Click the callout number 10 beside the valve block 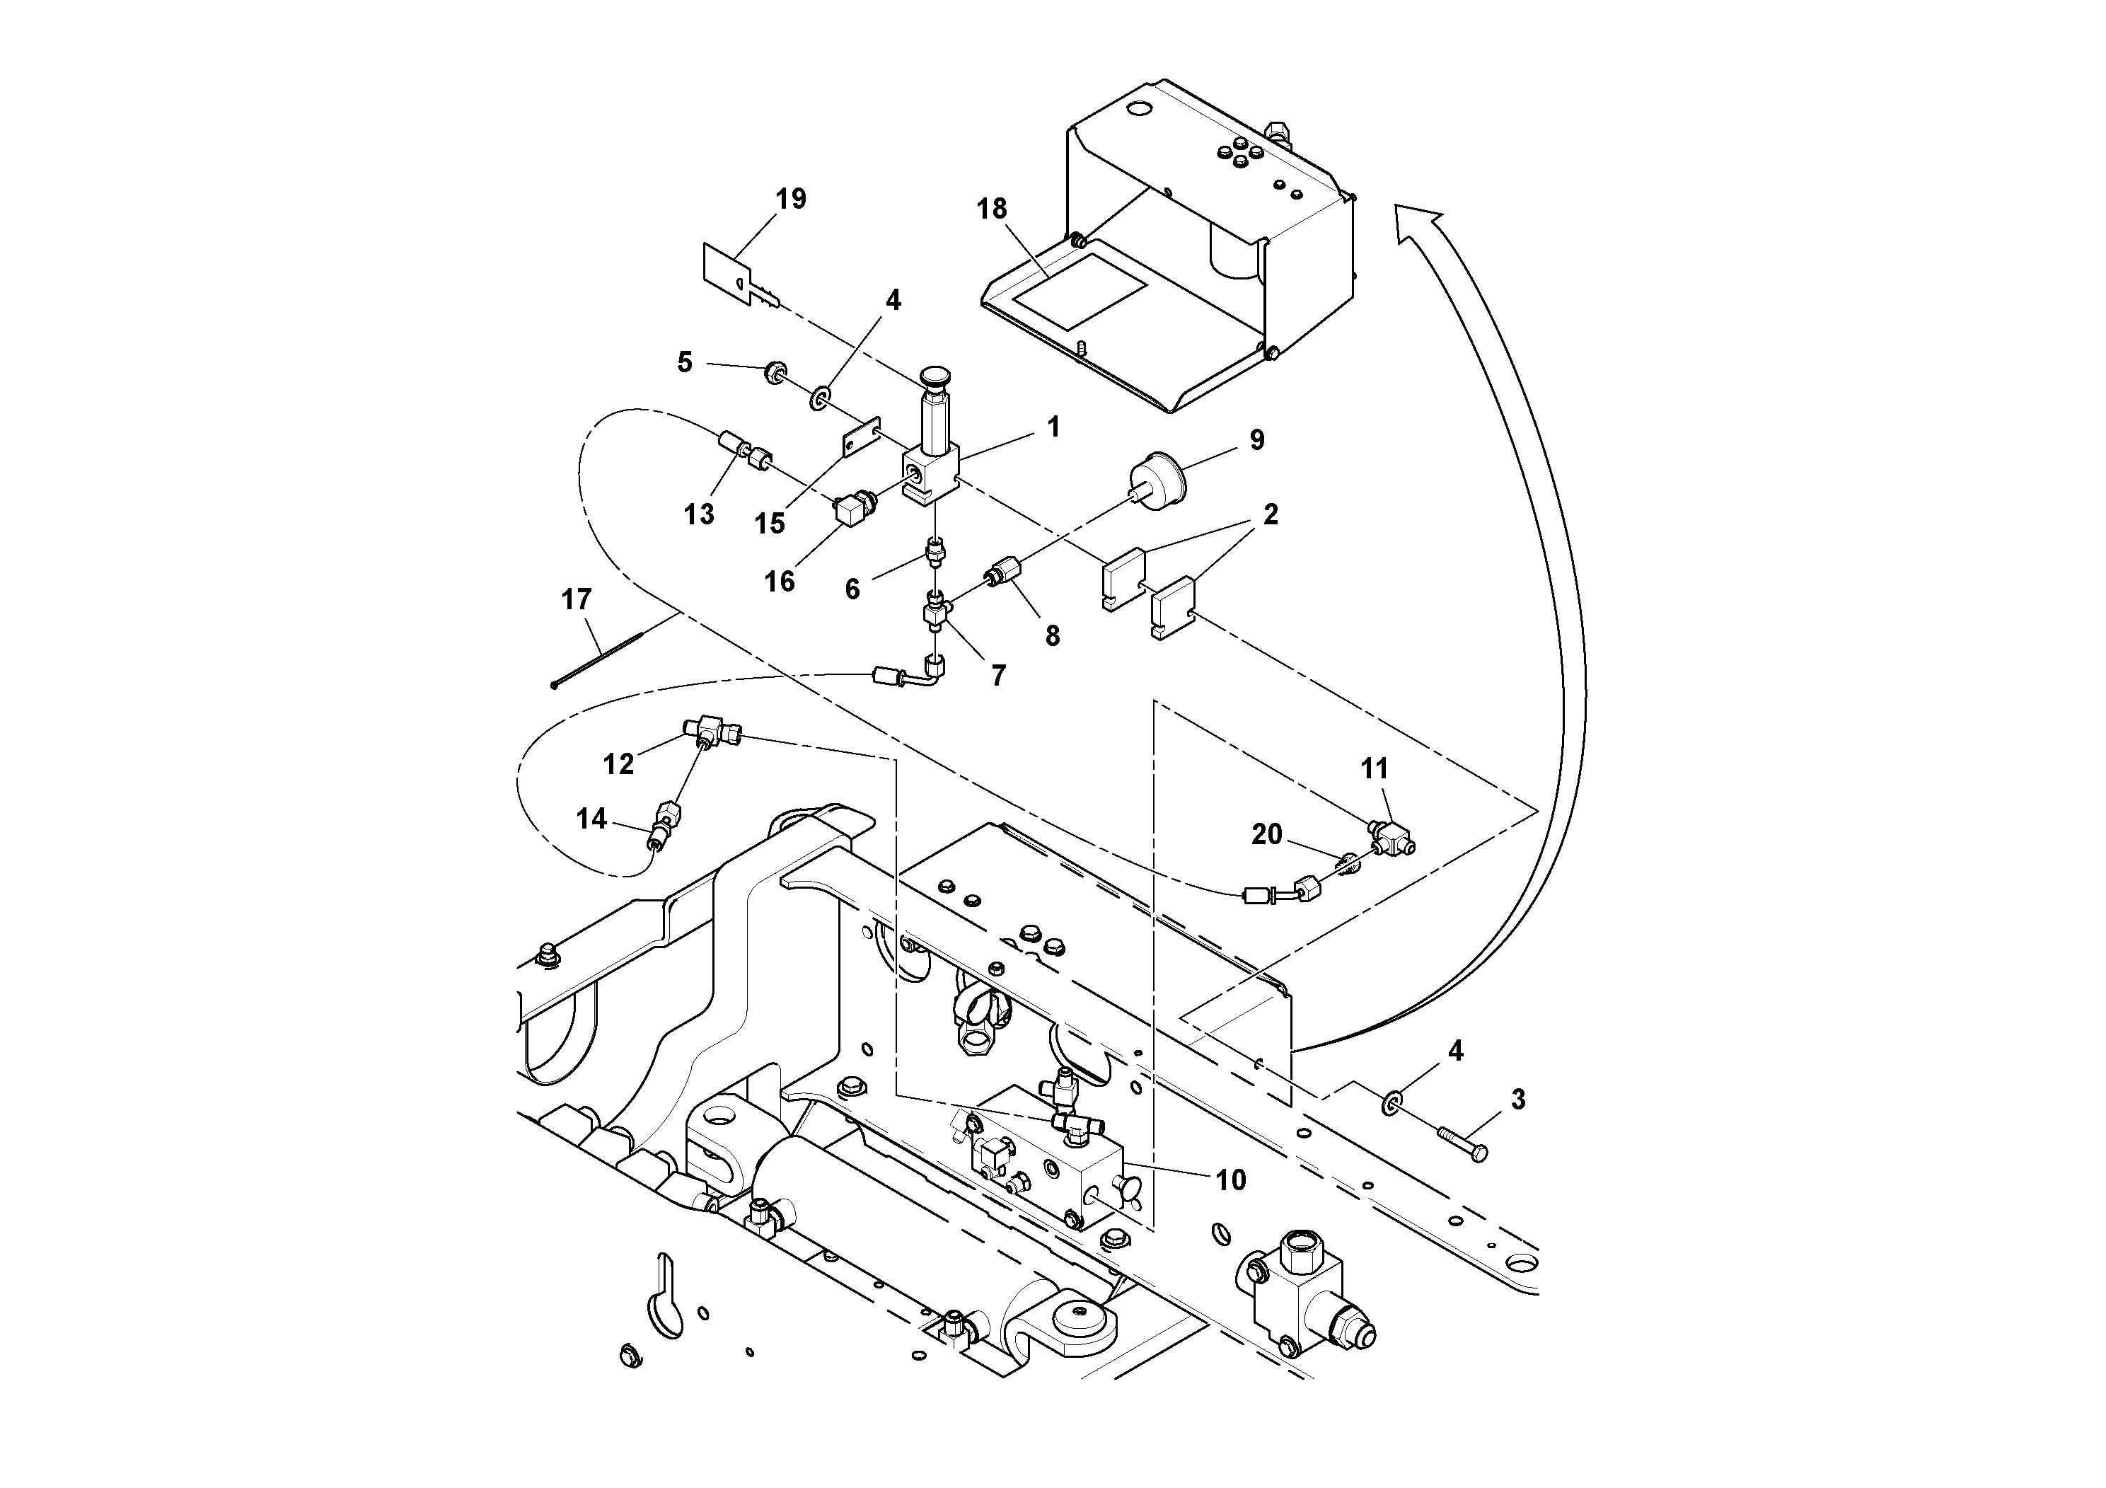tap(1231, 1180)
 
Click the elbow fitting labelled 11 tap(1392, 835)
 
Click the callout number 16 tap(780, 582)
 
